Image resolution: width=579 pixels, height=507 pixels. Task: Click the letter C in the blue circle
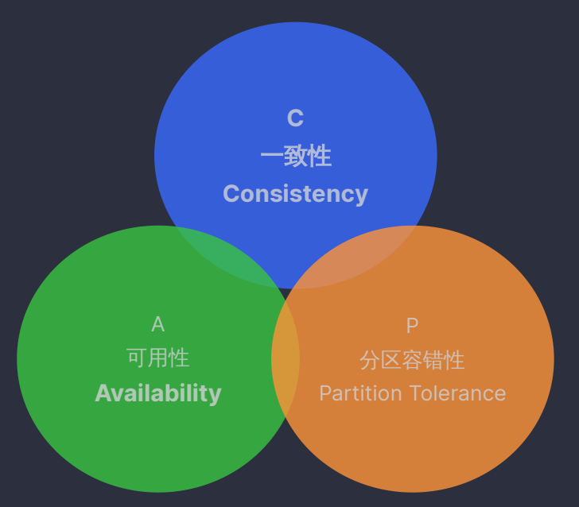pos(295,118)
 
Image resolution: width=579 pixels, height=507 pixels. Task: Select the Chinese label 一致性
pos(296,157)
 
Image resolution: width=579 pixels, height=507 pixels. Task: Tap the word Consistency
pos(295,194)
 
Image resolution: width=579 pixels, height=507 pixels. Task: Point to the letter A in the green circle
pos(157,324)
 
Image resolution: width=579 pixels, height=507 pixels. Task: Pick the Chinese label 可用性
pos(158,358)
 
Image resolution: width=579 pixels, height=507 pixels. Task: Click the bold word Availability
pos(158,393)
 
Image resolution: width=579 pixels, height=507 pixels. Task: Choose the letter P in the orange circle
pos(412,325)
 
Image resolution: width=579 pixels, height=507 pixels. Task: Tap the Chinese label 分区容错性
pos(412,360)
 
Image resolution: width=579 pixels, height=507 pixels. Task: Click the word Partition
pos(361,393)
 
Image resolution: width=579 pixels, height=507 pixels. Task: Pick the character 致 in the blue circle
pos(296,157)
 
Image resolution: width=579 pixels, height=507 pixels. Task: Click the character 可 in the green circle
pos(137,358)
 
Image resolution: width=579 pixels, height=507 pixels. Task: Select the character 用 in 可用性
pos(158,358)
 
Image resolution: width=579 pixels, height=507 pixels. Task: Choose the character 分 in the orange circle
pos(370,360)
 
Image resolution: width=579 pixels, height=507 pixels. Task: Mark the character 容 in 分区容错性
pos(412,360)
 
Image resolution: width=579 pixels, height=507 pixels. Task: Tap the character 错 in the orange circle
pos(433,360)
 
